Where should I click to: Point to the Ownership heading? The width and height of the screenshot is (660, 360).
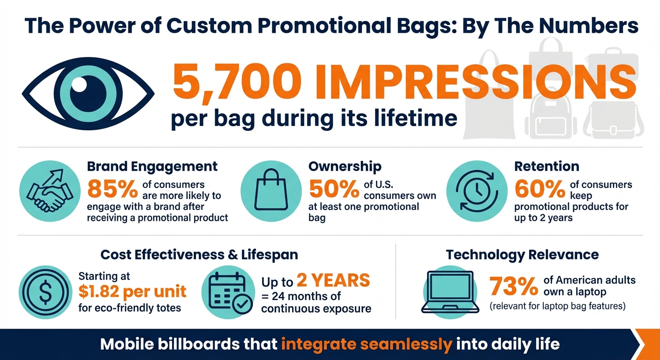[345, 166]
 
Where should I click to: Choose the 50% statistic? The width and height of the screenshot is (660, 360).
[334, 189]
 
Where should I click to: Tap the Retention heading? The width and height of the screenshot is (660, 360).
[547, 166]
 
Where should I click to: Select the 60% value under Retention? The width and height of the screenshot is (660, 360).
[540, 189]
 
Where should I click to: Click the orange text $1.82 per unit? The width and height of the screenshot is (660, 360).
[132, 291]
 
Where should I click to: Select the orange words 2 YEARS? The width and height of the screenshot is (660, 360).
[333, 280]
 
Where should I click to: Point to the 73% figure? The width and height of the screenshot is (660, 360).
[514, 286]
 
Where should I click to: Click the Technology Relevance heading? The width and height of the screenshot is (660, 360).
[522, 255]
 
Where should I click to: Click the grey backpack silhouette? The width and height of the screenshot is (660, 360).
[548, 115]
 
